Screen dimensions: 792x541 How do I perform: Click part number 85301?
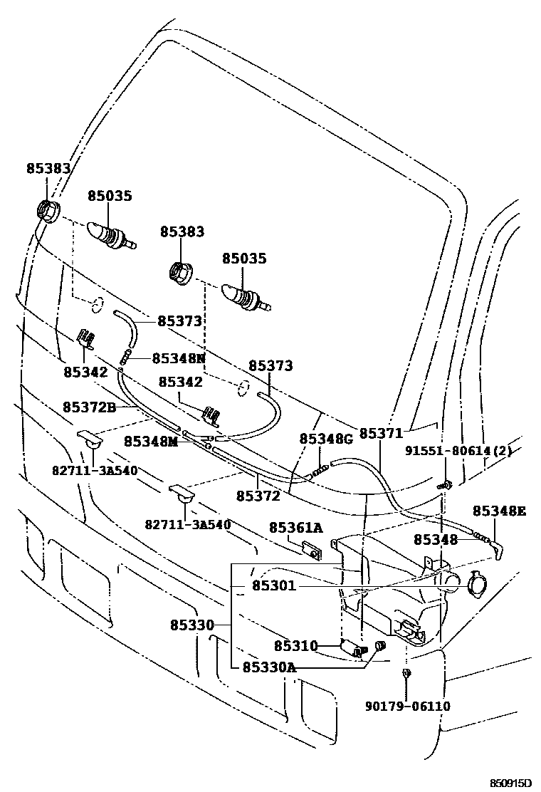tap(273, 586)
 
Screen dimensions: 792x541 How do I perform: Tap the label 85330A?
tap(268, 667)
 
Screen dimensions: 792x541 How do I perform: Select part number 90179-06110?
tap(408, 706)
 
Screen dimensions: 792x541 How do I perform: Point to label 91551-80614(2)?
tap(458, 451)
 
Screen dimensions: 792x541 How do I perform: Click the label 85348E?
tap(500, 511)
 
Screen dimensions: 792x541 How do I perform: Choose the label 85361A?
tap(295, 527)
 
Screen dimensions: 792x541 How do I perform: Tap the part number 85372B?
tap(89, 407)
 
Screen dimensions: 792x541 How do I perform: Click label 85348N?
tap(178, 358)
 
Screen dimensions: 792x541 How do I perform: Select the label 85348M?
tap(149, 442)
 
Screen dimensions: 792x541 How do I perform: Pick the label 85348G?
tap(326, 439)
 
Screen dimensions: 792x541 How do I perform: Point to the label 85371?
tap(381, 433)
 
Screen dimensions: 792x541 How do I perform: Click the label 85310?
tap(295, 646)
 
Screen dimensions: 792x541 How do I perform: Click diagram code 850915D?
tap(510, 783)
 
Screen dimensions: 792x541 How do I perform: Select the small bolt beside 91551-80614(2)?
tap(442, 485)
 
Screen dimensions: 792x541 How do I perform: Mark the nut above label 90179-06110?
tap(404, 673)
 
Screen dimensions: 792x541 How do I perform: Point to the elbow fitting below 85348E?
tap(497, 548)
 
